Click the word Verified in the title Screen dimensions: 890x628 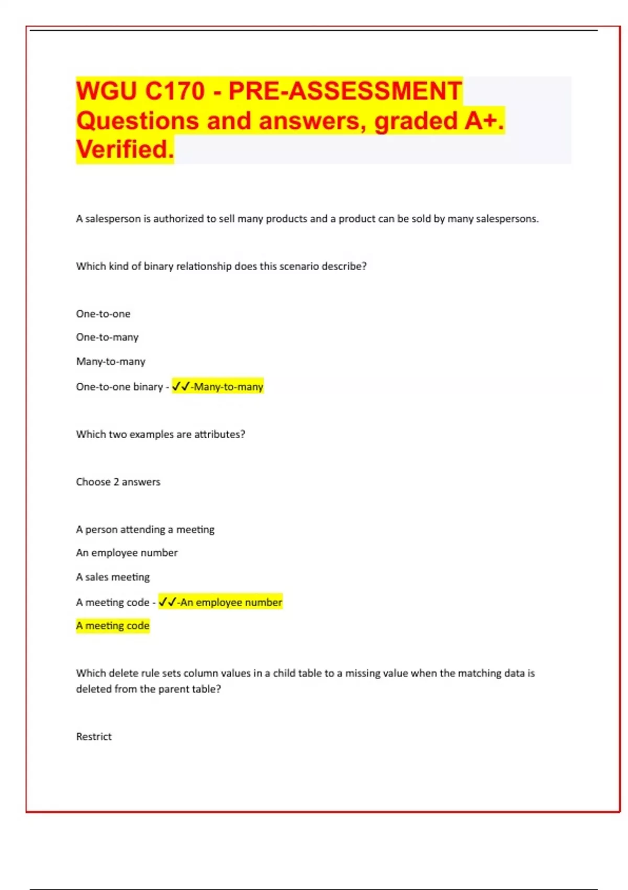pos(125,149)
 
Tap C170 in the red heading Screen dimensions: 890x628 pos(174,91)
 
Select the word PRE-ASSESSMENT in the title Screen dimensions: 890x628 pos(345,91)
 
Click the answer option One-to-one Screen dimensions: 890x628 pos(103,314)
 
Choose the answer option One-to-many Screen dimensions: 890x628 pos(107,337)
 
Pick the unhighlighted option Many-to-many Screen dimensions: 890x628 pos(110,361)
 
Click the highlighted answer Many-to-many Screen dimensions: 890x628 pos(228,387)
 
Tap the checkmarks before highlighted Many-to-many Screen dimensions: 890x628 pos(181,386)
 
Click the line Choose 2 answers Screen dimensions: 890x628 pos(118,482)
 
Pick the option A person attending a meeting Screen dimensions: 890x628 pos(145,529)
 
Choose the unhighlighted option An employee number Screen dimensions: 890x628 pos(127,552)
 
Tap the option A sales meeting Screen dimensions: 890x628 pos(113,577)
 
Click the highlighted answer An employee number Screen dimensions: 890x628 pos(231,602)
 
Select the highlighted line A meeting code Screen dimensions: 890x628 pos(113,626)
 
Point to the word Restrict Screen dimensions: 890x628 pos(94,737)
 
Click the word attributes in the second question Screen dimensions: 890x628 pos(219,434)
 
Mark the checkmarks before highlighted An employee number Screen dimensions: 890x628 pos(167,602)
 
